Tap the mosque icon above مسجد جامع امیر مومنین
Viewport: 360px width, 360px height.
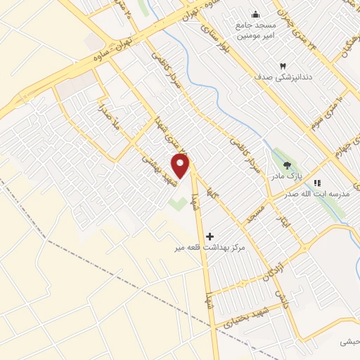click(255, 14)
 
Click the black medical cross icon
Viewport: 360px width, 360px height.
click(210, 237)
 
